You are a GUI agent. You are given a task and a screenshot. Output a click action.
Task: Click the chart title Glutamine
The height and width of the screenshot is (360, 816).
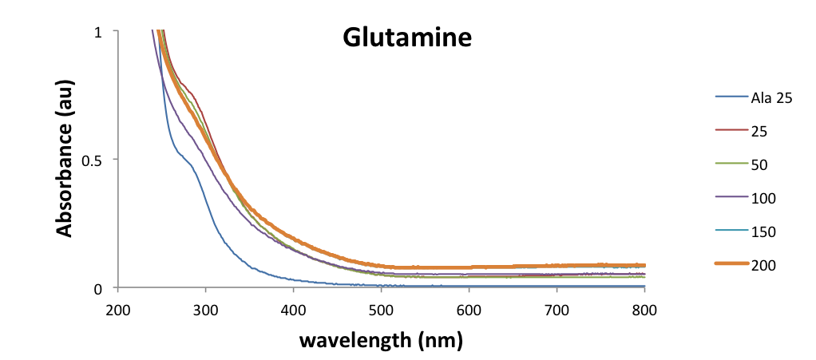(x=407, y=38)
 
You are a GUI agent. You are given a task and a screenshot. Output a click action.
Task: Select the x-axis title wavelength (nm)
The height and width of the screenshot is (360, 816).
(x=381, y=340)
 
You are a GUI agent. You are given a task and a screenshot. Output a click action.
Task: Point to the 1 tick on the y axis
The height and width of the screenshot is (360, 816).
(x=98, y=31)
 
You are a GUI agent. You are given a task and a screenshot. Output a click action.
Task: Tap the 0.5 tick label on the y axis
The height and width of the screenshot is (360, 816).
(x=93, y=160)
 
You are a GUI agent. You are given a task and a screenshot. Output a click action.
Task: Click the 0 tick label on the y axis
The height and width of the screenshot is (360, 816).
(x=98, y=287)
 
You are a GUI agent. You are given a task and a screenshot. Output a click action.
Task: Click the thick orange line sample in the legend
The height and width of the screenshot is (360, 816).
(x=731, y=265)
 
